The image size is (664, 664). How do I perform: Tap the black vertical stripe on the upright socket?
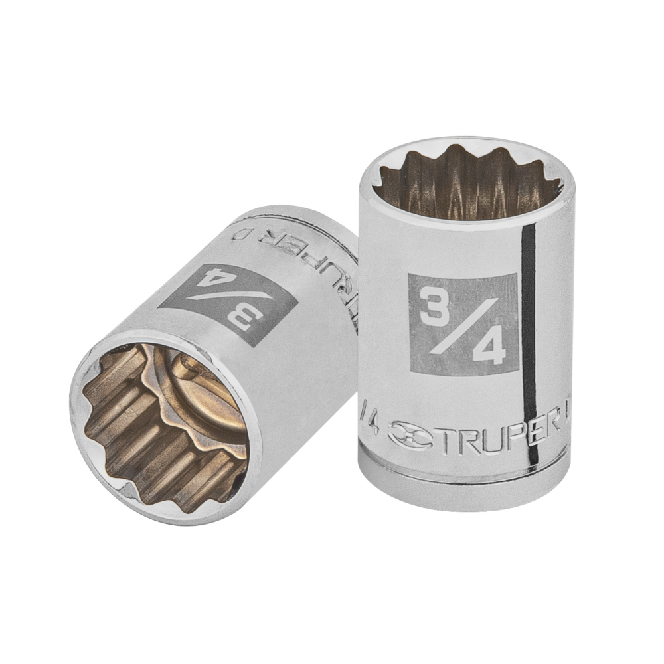coord(529,345)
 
